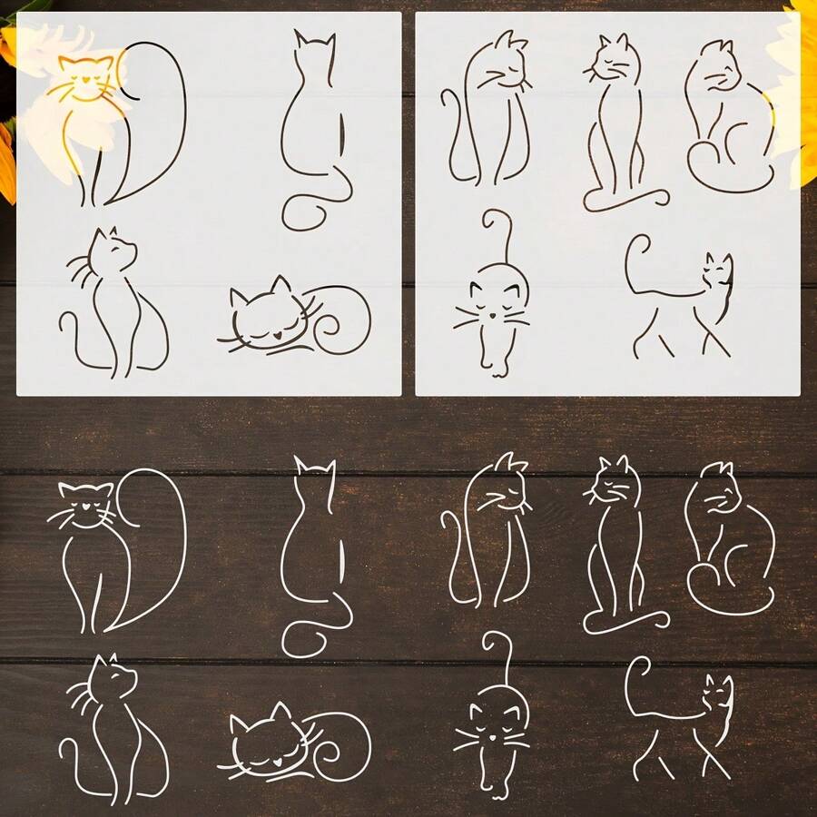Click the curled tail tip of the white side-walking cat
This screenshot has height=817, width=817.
(635, 667)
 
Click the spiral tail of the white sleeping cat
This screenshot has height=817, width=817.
(340, 740)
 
